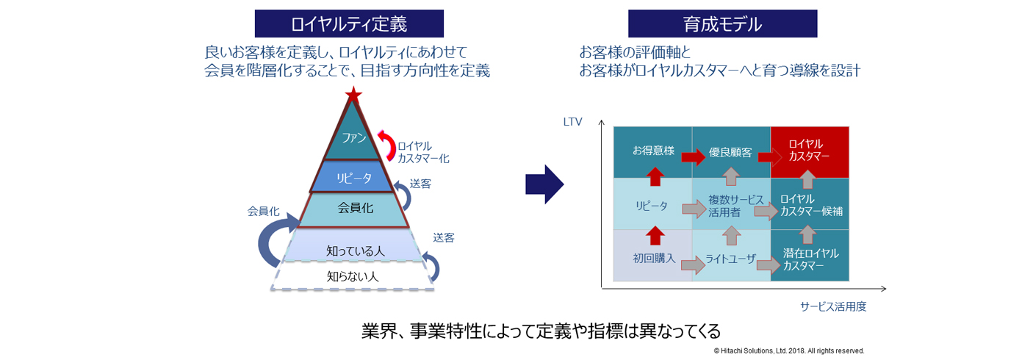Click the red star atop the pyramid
pos(354,94)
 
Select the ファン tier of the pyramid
pos(354,137)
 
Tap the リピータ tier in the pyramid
pos(354,178)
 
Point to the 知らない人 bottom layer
pos(353,276)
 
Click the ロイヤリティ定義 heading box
pos(349,24)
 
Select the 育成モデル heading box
pos(722,24)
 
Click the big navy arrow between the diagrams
pos(544,184)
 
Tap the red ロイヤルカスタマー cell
pos(810,151)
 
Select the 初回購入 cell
pos(652,259)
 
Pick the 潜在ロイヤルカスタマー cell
pos(810,259)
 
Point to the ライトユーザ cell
pos(730,259)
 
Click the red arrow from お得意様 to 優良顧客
pos(692,156)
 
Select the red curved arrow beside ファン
pos(386,144)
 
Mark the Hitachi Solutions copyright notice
pos(788,350)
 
